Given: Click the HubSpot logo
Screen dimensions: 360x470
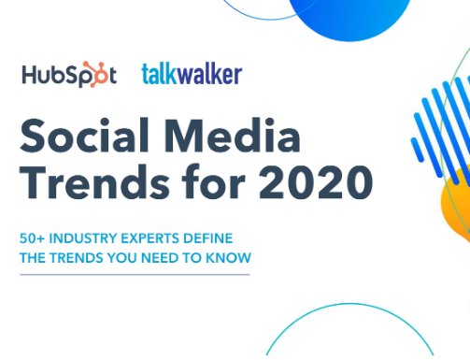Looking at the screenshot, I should click(70, 75).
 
